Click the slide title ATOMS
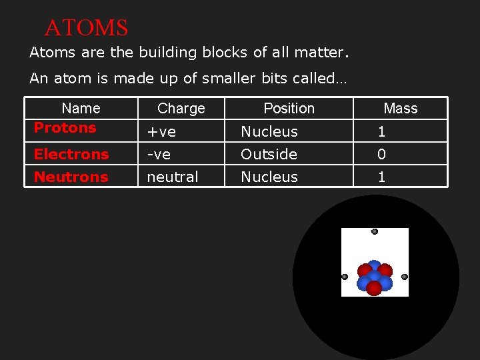[x=86, y=28]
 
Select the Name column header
[x=81, y=108]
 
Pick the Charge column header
[x=181, y=108]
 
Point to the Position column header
[x=289, y=108]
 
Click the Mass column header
[x=401, y=108]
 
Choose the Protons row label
[x=65, y=127]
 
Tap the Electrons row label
[x=71, y=154]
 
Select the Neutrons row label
[x=71, y=177]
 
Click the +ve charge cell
[x=161, y=131]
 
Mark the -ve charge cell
[x=159, y=154]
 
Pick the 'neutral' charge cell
[x=173, y=177]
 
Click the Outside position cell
[x=269, y=154]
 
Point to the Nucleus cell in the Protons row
[x=269, y=131]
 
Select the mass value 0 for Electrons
[x=381, y=154]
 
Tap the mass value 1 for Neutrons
[x=381, y=177]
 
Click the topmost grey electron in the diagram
[x=375, y=231]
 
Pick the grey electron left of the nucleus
[x=345, y=277]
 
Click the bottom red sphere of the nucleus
[x=374, y=288]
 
